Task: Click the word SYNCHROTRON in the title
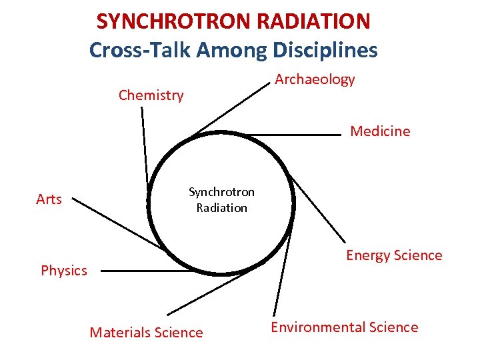(167, 21)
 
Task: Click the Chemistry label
(151, 95)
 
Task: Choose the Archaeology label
(315, 80)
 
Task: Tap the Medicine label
(380, 131)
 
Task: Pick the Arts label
(49, 199)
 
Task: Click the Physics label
(64, 271)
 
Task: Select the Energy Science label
(393, 255)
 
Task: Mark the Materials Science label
(146, 333)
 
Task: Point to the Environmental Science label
(344, 327)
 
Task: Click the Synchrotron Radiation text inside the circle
(221, 200)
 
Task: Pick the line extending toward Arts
(116, 223)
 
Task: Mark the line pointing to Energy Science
(319, 209)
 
